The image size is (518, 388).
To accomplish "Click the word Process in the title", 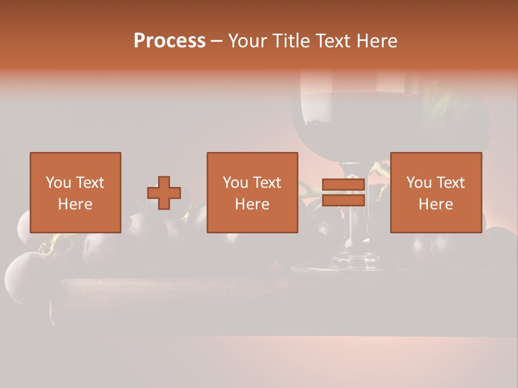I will click(x=170, y=41).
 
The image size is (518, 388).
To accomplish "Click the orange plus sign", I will click(x=164, y=193).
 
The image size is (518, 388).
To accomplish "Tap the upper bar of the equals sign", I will click(x=343, y=185).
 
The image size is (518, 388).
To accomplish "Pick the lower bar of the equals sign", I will click(x=343, y=200).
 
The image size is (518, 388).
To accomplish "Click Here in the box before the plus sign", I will click(x=75, y=204).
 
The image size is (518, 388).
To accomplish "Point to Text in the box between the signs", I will click(x=267, y=183).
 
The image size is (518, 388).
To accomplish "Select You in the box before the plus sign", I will click(x=57, y=183).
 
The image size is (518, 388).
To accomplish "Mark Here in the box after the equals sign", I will click(x=435, y=204).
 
